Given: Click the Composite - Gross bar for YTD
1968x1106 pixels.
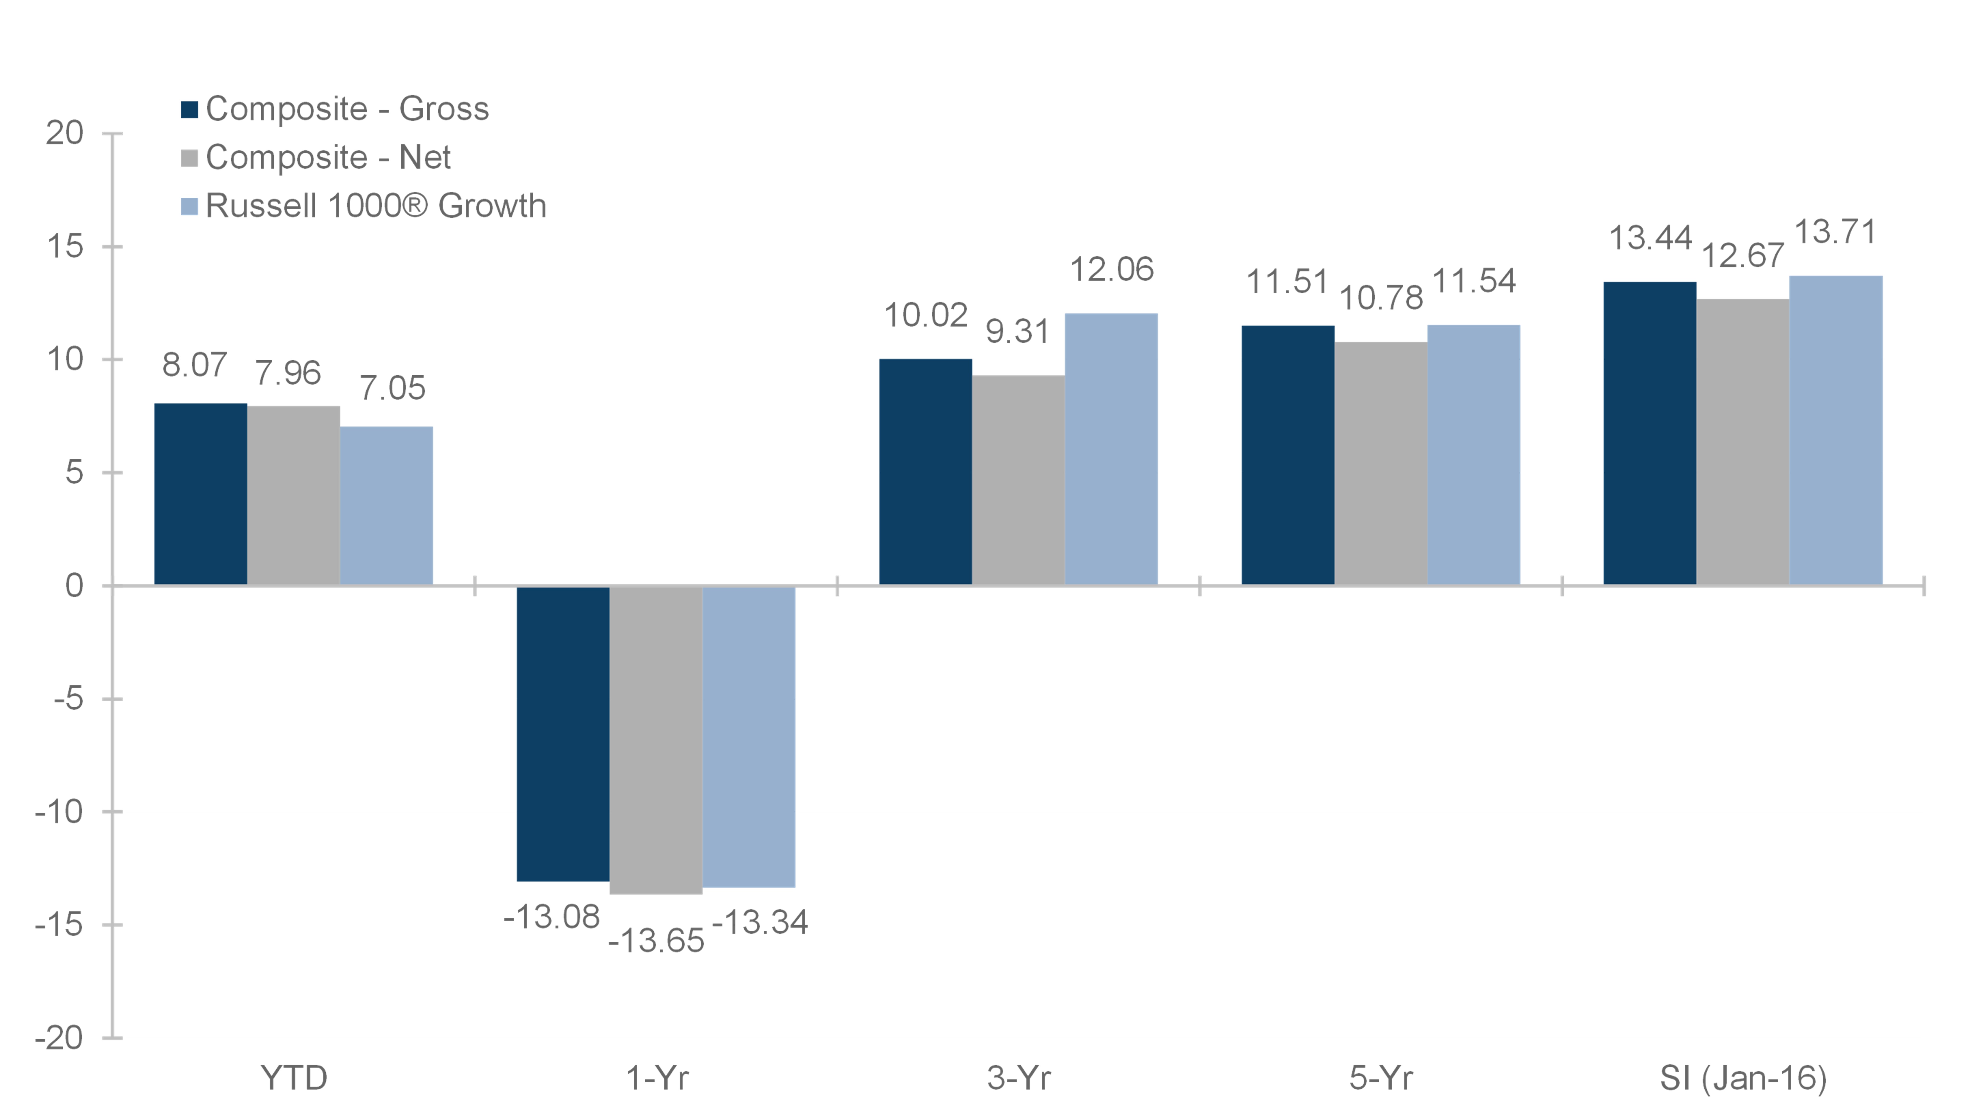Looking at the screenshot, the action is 201,494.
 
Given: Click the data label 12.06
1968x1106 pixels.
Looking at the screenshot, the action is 1112,270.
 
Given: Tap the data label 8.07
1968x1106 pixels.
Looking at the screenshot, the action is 194,365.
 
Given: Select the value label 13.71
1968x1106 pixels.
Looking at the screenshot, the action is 1835,232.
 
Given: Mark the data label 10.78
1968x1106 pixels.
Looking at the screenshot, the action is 1381,298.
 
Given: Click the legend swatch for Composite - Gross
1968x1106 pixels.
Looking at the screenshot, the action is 189,109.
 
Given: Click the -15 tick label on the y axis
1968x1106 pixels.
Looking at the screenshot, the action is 59,925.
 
